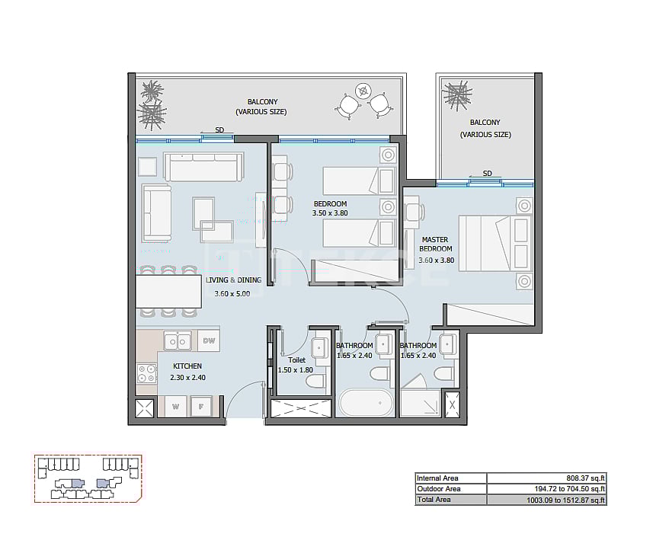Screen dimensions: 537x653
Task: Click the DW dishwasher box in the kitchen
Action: pos(208,341)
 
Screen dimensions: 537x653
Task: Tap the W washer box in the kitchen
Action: pos(175,408)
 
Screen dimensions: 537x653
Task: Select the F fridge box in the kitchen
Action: pos(201,408)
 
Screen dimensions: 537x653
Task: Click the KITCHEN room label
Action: pos(187,366)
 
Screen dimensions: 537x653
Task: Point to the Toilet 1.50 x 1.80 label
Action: pos(297,365)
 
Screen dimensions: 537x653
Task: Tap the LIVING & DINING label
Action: pos(233,280)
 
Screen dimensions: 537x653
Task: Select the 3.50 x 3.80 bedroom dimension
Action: pos(330,214)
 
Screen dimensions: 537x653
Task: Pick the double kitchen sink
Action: pos(179,342)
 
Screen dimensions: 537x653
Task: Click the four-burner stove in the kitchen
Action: pos(145,373)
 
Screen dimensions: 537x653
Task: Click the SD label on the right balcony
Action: pos(487,173)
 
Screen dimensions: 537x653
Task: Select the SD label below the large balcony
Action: pos(219,129)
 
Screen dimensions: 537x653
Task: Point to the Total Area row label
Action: pos(433,500)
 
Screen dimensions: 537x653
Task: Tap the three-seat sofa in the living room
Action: pos(203,167)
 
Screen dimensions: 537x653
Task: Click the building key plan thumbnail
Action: pos(88,478)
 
